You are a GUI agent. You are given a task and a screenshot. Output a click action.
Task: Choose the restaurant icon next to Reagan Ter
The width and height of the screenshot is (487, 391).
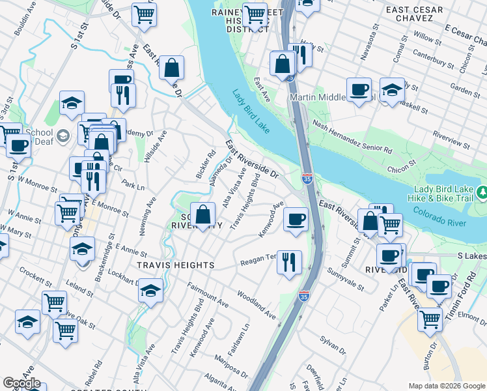tap(289, 263)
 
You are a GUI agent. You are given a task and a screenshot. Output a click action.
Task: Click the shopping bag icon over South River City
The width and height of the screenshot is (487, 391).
tap(203, 214)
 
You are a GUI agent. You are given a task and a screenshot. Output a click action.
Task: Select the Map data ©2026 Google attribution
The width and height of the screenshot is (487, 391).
tap(446, 386)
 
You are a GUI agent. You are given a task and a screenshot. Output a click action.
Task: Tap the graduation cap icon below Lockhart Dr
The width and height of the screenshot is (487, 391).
tap(150, 291)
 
